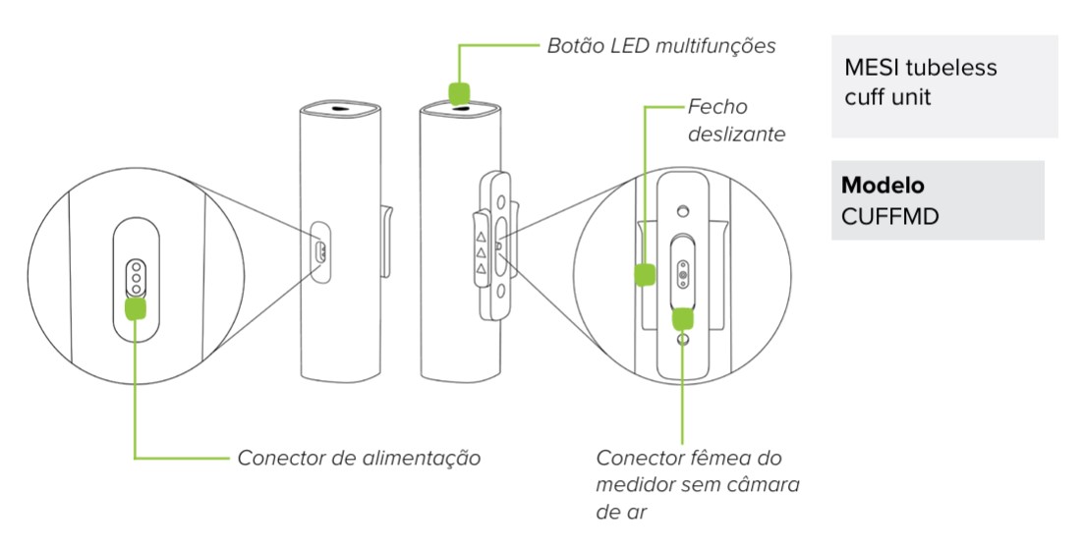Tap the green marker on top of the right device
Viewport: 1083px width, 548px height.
(459, 92)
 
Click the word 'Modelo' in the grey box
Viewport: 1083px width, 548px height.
(882, 187)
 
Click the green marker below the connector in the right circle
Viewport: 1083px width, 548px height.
(682, 318)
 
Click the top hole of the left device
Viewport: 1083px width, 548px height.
(338, 109)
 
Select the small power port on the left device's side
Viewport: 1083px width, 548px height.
(320, 251)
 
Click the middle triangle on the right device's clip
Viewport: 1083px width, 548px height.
(482, 252)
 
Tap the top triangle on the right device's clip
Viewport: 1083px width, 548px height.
(482, 236)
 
